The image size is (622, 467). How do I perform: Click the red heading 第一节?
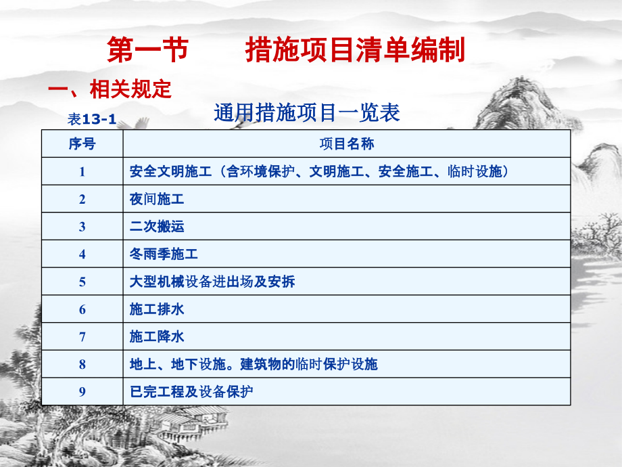[x=147, y=49]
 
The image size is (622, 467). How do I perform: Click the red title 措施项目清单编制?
[x=355, y=49]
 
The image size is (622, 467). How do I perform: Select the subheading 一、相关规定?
[x=110, y=89]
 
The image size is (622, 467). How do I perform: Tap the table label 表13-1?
[x=92, y=119]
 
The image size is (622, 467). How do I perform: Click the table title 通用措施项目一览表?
[x=307, y=112]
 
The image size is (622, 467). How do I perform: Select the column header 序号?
[x=82, y=143]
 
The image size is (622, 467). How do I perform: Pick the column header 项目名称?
[x=347, y=143]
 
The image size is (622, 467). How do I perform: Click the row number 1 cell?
[x=82, y=171]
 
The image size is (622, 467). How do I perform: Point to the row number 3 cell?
[x=82, y=226]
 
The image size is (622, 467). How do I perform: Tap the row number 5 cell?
[x=82, y=282]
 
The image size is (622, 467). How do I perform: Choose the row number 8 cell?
[x=82, y=364]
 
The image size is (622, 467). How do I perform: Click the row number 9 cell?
[x=82, y=392]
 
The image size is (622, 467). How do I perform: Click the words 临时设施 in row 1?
[x=475, y=171]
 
